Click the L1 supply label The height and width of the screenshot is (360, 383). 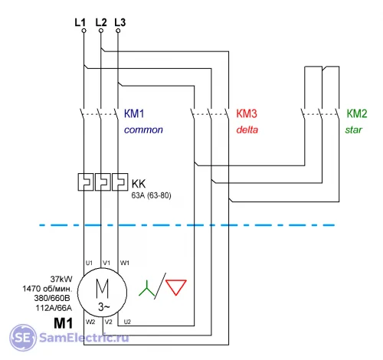click(80, 22)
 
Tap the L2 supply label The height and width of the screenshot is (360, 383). click(101, 22)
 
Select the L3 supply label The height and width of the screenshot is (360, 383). click(120, 22)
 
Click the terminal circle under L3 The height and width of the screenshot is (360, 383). click(118, 31)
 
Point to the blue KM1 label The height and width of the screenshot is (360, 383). click(134, 113)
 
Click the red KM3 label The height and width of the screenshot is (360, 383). click(247, 113)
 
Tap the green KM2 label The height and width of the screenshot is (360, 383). click(357, 113)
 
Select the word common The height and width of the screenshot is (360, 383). click(143, 130)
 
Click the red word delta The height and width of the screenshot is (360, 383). click(247, 129)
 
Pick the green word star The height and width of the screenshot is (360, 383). click(354, 129)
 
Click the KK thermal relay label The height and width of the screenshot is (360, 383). click(139, 184)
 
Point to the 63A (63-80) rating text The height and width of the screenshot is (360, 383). click(151, 195)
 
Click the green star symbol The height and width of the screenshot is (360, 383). click(147, 289)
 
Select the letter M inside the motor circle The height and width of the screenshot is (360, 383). click(102, 289)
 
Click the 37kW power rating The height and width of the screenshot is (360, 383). click(61, 279)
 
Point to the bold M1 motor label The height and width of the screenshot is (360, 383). click(64, 323)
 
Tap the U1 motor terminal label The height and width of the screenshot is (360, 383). click(89, 263)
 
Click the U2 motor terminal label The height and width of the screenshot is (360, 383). click(127, 322)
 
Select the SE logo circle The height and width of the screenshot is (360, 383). click(23, 338)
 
